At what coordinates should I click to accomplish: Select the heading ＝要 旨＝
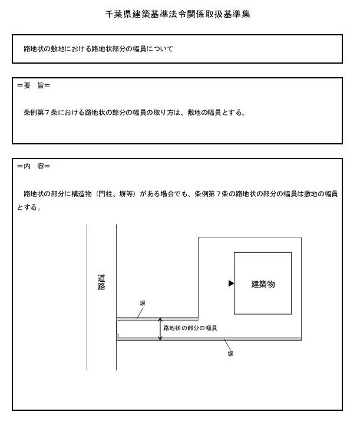[34, 86]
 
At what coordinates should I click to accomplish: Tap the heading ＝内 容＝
[34, 166]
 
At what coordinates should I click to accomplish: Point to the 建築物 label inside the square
[263, 284]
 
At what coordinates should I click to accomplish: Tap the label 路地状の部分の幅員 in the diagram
[190, 328]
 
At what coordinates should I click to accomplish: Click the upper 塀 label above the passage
[143, 303]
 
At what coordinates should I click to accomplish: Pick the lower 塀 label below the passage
[230, 355]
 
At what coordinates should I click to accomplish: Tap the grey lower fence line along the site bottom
[236, 339]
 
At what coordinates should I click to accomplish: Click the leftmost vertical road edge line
[87, 295]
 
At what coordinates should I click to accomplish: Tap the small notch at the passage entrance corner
[118, 337]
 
